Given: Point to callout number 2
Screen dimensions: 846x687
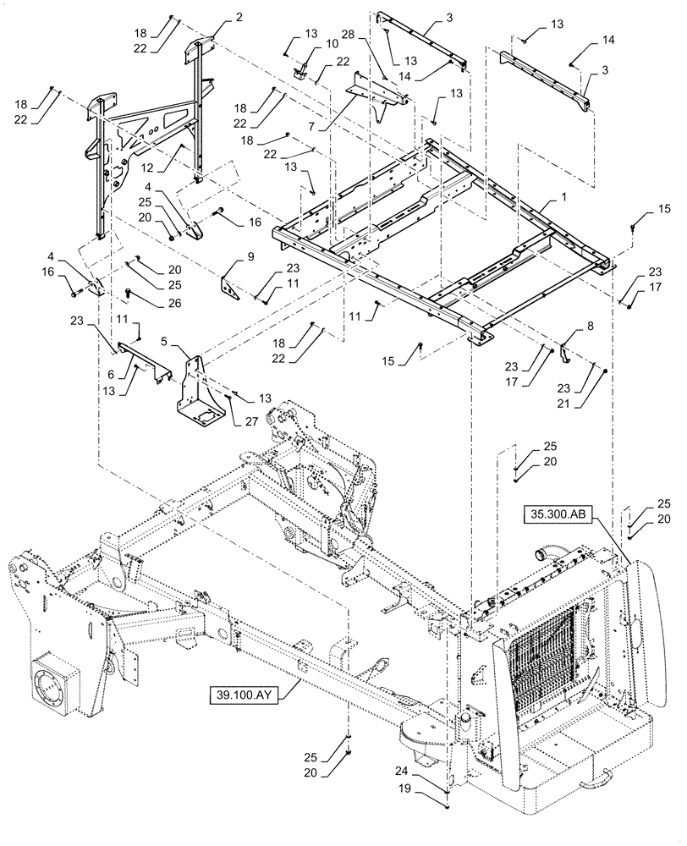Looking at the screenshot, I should point(216,17).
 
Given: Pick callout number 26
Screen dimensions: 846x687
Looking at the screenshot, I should point(135,301).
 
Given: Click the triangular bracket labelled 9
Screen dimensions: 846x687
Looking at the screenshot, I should point(231,286).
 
